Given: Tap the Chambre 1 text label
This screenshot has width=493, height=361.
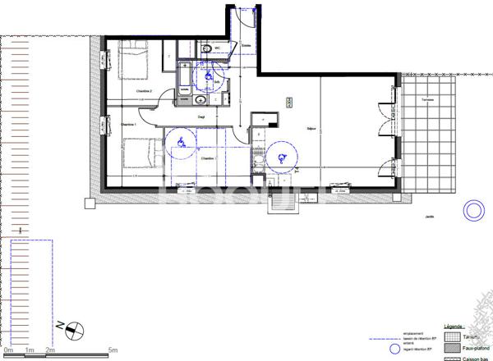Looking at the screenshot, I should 127,125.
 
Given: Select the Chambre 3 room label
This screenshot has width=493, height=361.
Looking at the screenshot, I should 207,158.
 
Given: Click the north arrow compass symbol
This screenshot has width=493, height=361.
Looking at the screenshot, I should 71,328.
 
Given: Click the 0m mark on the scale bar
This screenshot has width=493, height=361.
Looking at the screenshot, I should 8,350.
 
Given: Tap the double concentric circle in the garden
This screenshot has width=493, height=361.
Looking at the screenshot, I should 474,212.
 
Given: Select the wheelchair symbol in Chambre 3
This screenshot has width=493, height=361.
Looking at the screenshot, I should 179,144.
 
